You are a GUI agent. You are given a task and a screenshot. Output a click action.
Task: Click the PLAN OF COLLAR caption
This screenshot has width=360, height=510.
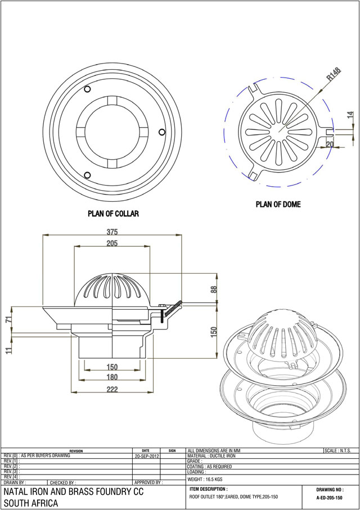113,214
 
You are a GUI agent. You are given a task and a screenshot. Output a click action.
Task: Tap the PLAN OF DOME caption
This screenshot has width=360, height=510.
278,205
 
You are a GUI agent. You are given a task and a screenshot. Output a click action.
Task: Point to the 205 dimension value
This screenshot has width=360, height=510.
112,243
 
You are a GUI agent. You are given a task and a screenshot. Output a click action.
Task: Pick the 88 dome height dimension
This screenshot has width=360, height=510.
214,290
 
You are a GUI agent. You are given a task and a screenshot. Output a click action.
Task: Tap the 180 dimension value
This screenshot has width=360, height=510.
112,377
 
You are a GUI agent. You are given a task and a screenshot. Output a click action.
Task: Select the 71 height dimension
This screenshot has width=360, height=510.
8,320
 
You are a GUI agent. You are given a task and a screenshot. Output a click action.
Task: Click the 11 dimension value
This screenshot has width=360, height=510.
8,350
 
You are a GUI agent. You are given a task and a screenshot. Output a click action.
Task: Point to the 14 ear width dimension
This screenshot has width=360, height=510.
350,115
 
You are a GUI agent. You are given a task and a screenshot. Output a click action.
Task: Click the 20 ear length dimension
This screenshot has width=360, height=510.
330,144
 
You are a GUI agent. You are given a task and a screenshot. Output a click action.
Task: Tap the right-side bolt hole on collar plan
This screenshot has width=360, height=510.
161,132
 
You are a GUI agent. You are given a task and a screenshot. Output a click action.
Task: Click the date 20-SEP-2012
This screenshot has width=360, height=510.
147,457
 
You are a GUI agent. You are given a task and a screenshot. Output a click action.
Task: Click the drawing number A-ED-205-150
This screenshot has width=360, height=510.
329,498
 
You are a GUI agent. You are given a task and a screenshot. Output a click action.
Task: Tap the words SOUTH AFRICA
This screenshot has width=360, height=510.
31,503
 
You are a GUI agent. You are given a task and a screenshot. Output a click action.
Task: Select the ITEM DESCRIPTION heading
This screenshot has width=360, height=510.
209,489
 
